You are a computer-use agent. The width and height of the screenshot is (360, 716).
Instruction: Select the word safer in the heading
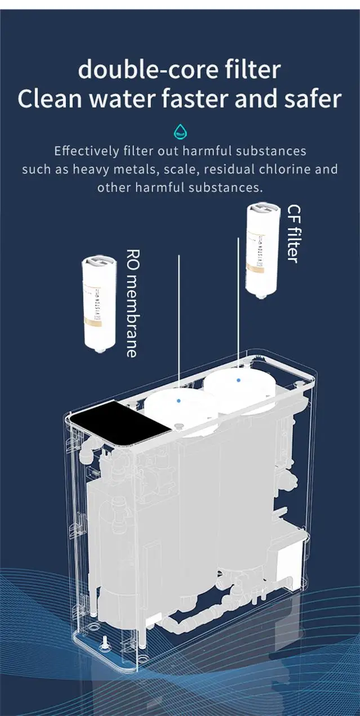click(313, 99)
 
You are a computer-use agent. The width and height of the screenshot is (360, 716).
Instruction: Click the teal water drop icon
click(180, 132)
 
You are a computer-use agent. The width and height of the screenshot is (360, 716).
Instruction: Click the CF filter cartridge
click(263, 248)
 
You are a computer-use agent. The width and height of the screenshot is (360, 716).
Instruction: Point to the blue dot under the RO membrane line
click(179, 400)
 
